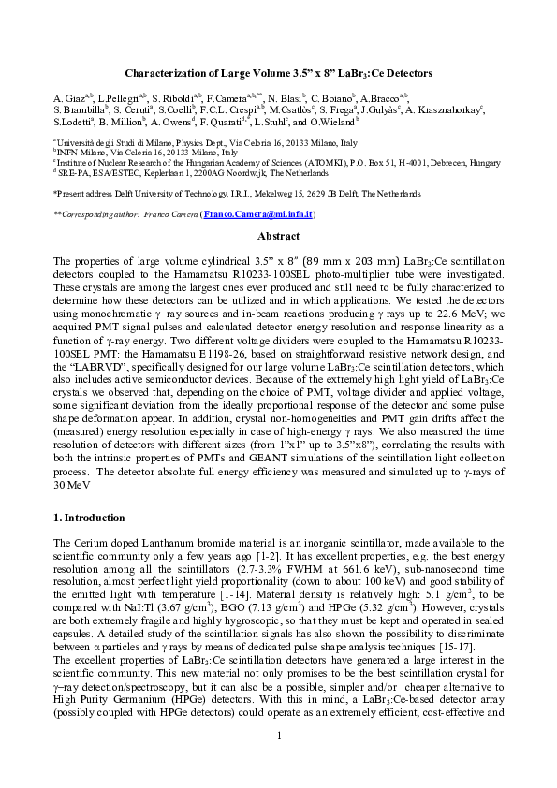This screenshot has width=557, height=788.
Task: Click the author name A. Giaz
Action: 68,97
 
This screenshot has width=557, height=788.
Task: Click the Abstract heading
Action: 278,237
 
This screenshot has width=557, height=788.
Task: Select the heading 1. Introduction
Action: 89,518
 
